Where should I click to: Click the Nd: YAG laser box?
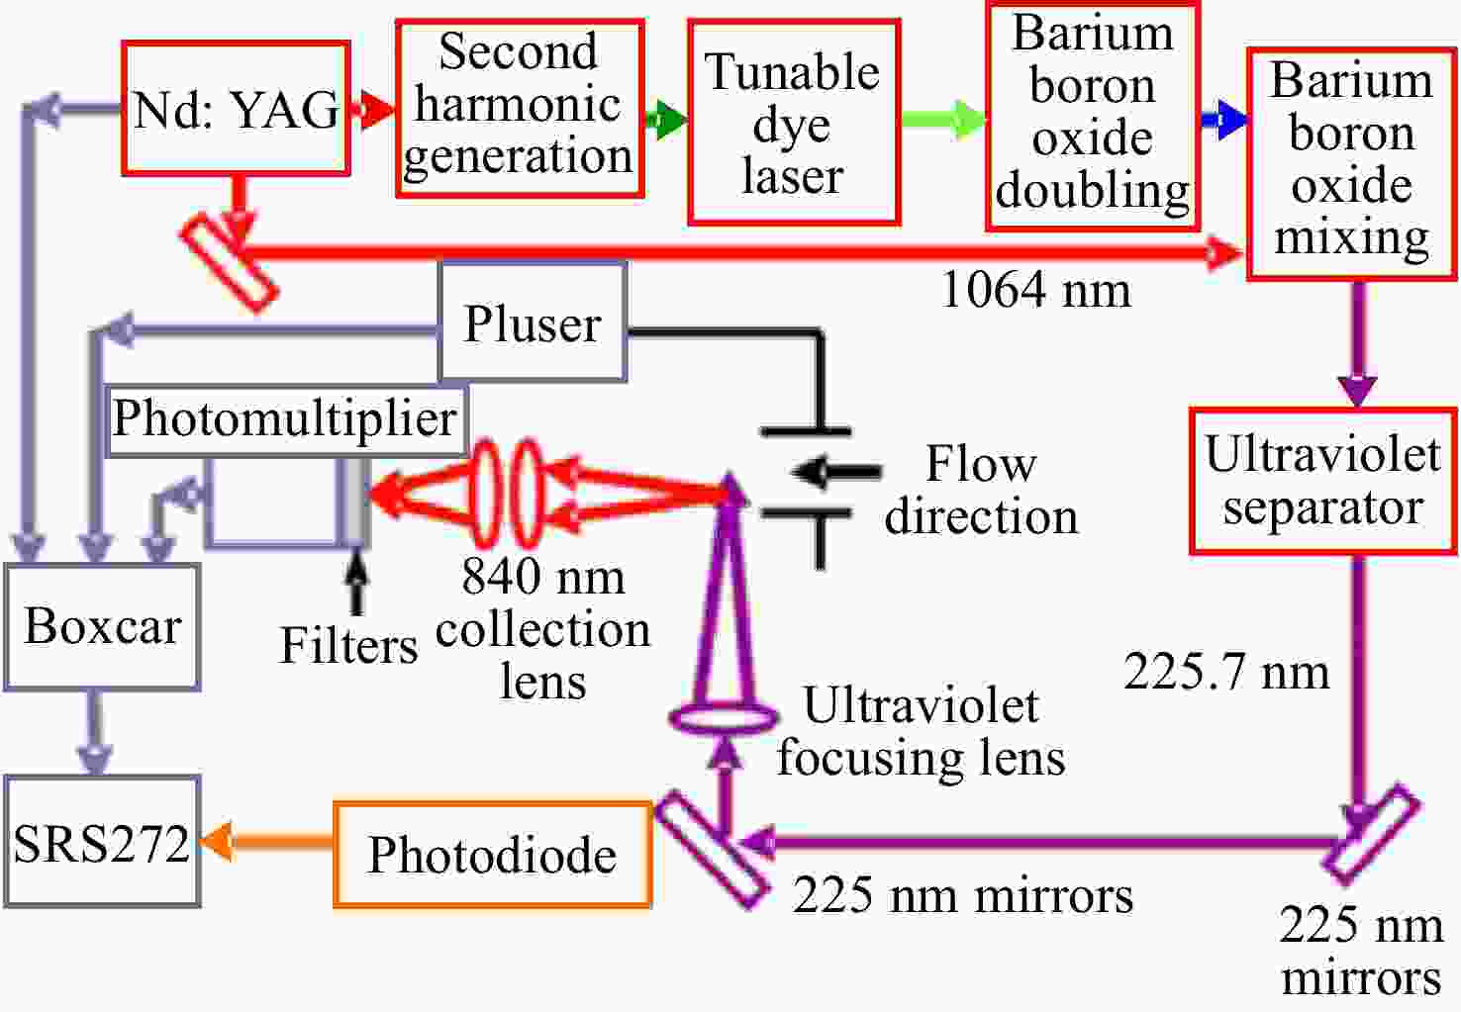[236, 108]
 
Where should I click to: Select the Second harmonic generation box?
[520, 108]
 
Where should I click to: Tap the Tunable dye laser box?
[794, 122]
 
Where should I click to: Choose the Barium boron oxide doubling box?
[1093, 116]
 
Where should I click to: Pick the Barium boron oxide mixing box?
[1352, 164]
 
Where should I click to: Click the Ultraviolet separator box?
[1323, 481]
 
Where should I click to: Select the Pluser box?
[533, 322]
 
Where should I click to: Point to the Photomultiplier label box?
[286, 420]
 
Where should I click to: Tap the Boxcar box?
[102, 627]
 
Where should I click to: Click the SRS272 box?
[102, 841]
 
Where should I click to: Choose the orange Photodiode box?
[492, 854]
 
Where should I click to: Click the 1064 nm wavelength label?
[1036, 289]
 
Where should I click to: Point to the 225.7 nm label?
[1226, 672]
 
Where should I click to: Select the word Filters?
[348, 645]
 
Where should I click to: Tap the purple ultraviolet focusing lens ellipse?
[724, 717]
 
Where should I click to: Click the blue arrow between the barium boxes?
[1223, 120]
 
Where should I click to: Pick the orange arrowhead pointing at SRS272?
[217, 841]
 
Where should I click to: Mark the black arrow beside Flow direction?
[836, 471]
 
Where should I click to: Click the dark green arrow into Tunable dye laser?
[666, 120]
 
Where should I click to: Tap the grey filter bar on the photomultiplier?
[352, 501]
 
